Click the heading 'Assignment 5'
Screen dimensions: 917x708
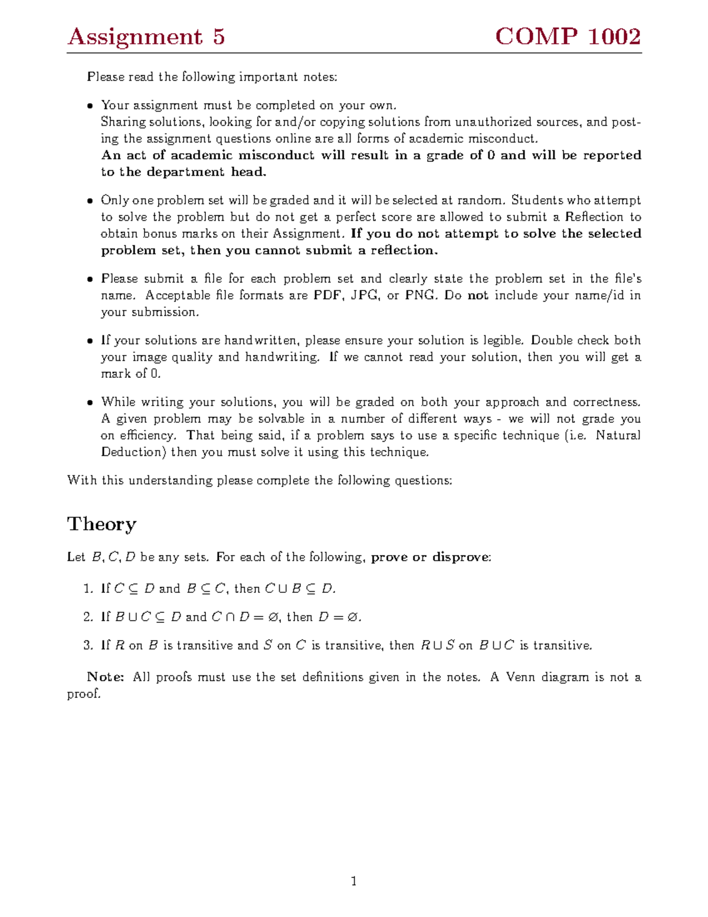(146, 37)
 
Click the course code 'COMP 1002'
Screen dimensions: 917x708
(568, 37)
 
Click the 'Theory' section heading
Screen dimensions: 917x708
(101, 524)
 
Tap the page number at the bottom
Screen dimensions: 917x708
(353, 882)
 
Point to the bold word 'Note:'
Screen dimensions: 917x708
(105, 677)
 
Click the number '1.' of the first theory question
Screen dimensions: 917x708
(88, 589)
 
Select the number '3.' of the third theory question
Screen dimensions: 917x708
(88, 645)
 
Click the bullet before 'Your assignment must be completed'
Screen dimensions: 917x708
(90, 106)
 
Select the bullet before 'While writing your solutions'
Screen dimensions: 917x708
(90, 403)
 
